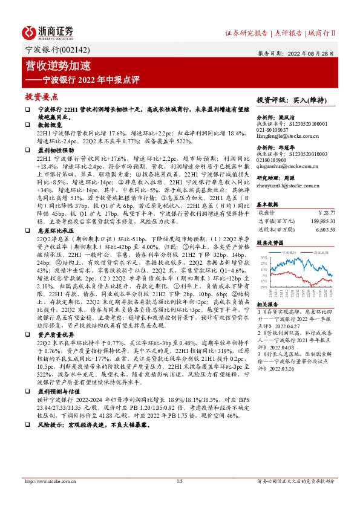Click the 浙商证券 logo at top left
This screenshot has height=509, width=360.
pyautogui.click(x=48, y=31)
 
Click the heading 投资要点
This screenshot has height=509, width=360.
pyautogui.click(x=41, y=96)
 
